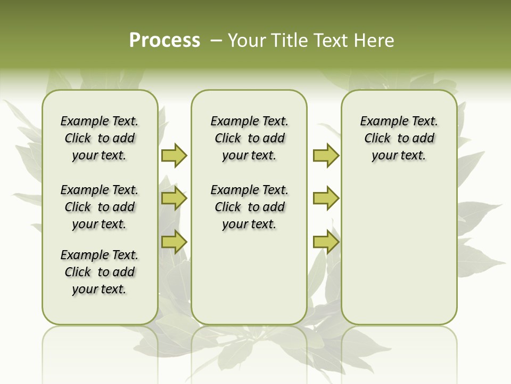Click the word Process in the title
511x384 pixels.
tap(164, 41)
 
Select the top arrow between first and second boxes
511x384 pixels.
tap(174, 155)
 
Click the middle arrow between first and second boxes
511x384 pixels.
tap(174, 199)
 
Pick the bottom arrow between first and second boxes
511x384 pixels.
tap(174, 242)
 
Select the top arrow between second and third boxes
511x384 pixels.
tap(326, 155)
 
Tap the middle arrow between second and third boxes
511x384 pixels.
tap(326, 198)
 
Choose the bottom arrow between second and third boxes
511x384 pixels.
tap(326, 242)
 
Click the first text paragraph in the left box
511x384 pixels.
tap(100, 138)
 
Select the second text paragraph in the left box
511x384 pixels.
tap(100, 207)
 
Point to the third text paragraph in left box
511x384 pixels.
tap(100, 272)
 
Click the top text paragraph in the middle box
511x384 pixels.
tap(249, 138)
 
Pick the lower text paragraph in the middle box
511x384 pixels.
tap(249, 207)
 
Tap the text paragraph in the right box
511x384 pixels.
tap(399, 138)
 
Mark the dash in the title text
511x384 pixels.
tap(216, 41)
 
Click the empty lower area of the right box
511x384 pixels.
tap(399, 256)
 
